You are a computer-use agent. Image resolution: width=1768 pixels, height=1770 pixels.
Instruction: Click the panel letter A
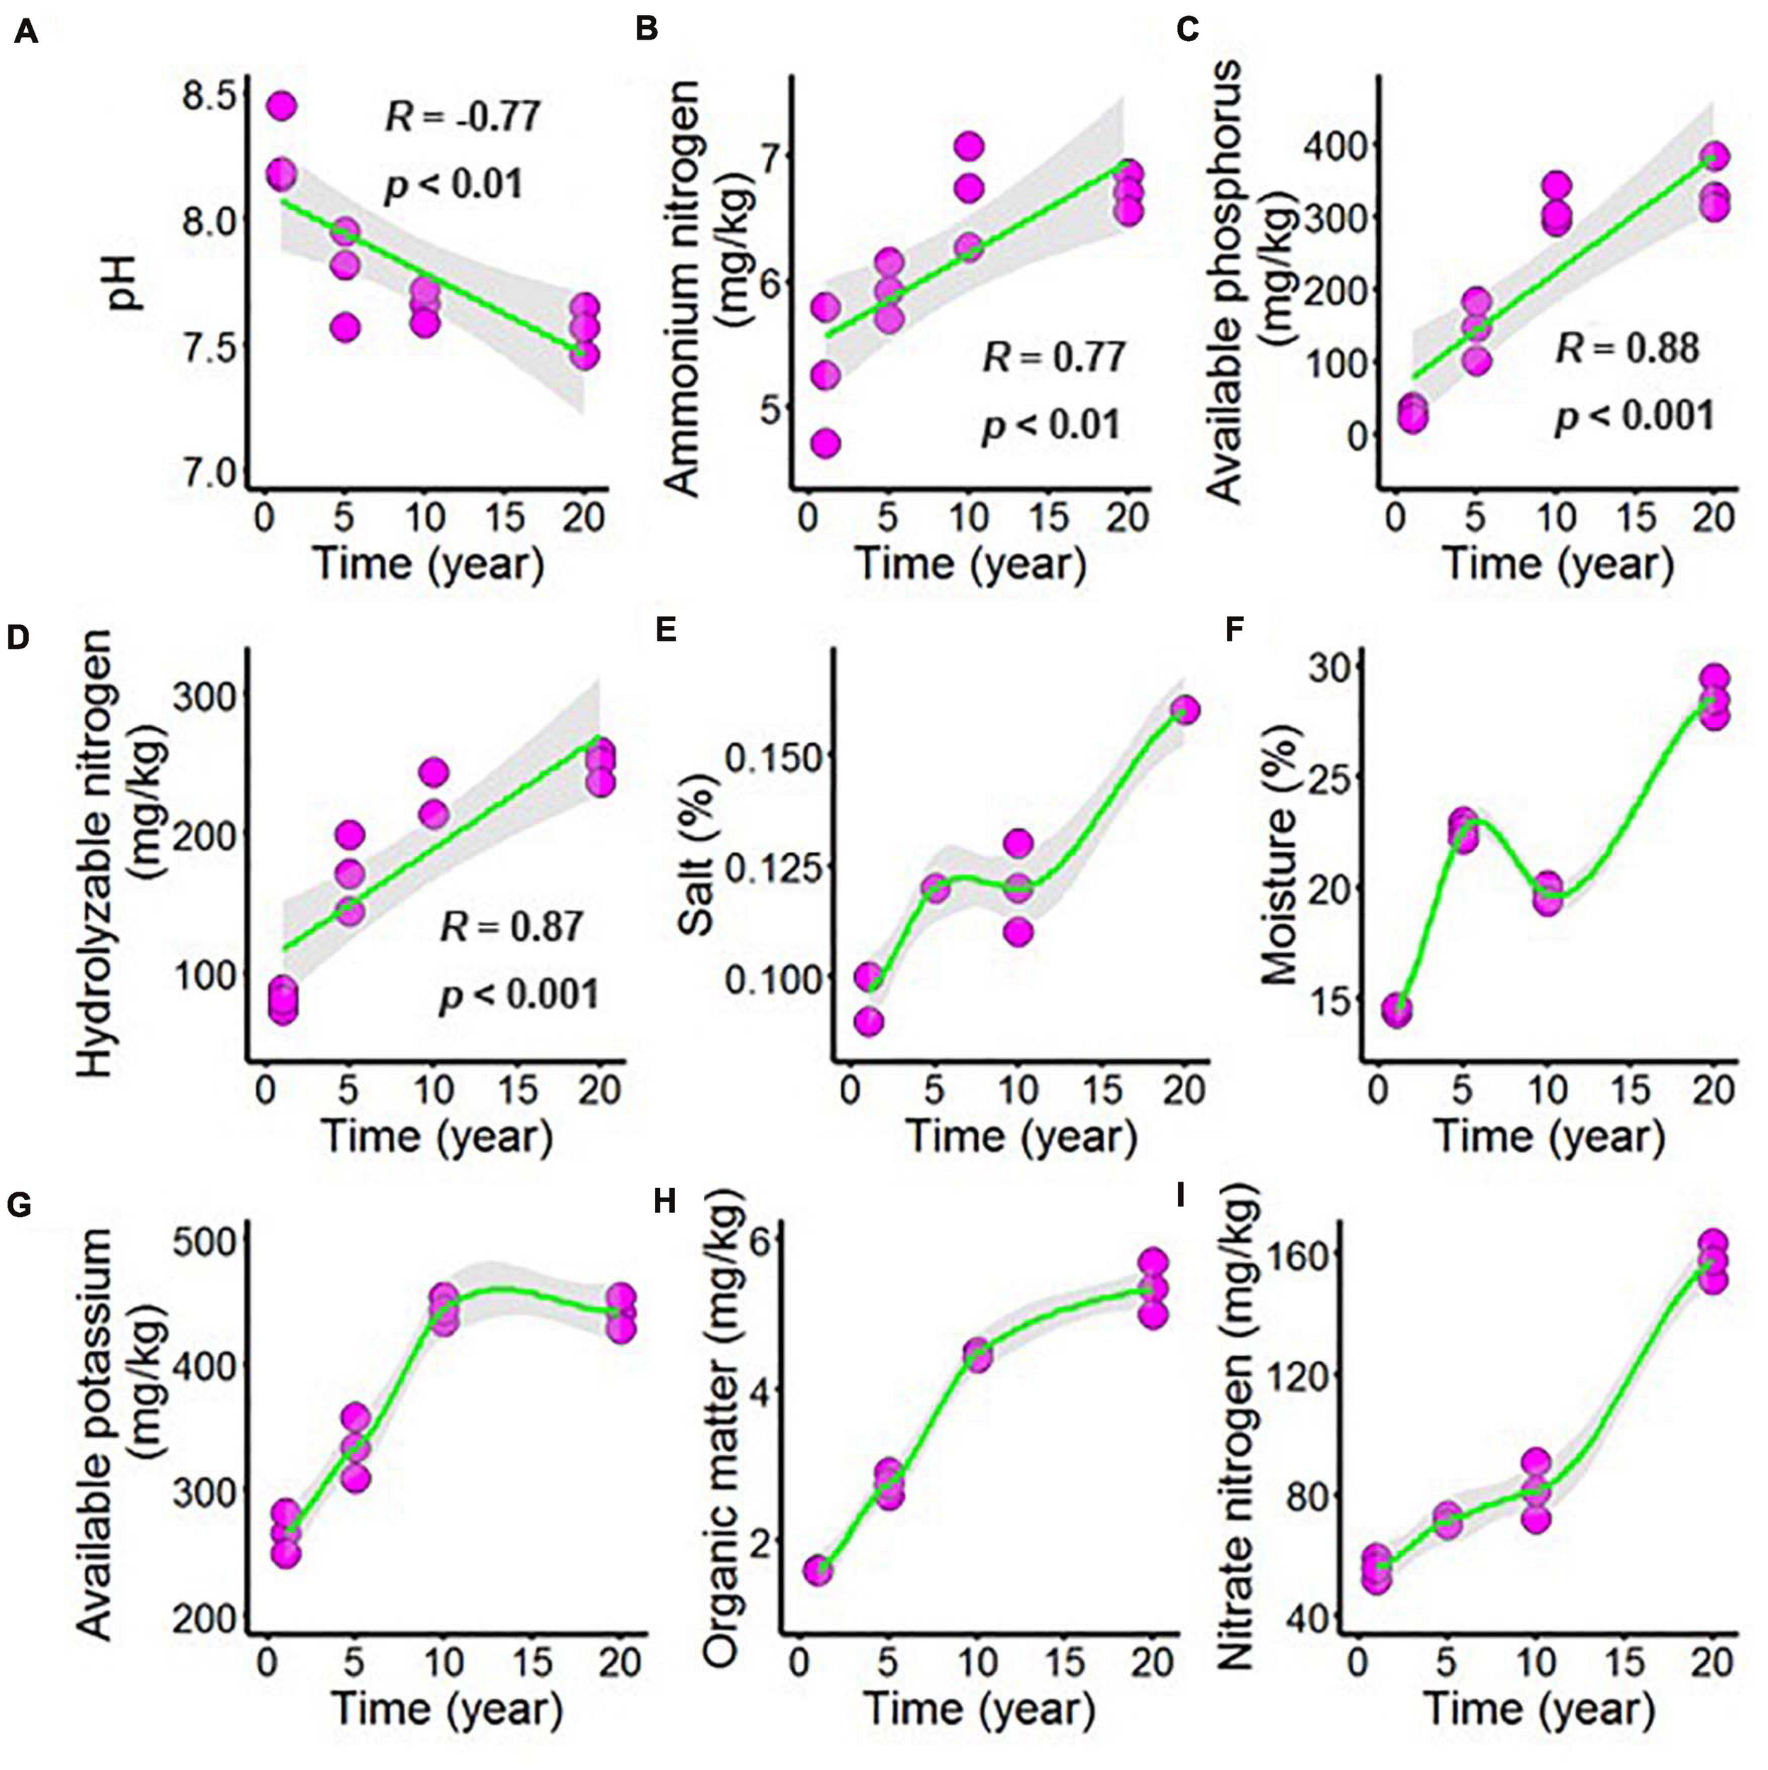coord(25,33)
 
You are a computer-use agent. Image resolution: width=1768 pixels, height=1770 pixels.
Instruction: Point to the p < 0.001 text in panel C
coord(1633,416)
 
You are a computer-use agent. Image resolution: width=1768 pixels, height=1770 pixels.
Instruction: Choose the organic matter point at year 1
coord(818,1570)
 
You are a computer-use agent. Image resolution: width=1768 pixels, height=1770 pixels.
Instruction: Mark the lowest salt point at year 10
coord(1017,932)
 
